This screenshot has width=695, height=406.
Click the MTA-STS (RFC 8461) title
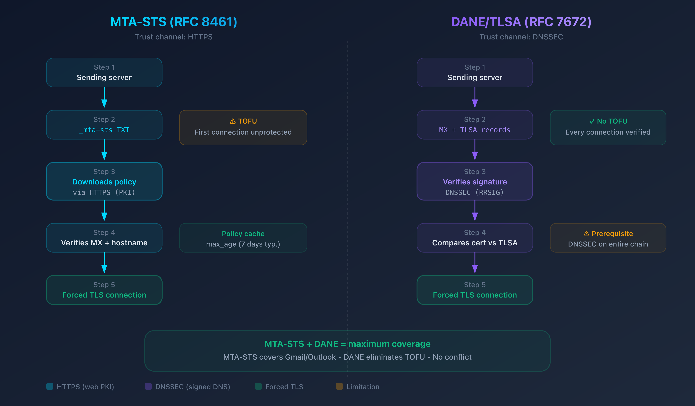click(x=174, y=22)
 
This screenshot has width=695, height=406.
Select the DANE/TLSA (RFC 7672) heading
click(x=521, y=22)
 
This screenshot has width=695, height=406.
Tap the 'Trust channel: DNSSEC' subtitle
click(x=521, y=37)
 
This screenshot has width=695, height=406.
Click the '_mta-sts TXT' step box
click(x=104, y=125)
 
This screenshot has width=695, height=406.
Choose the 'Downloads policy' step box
click(x=104, y=181)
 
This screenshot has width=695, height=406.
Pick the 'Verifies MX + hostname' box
click(x=104, y=238)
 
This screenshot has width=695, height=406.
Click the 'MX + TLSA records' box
click(x=475, y=125)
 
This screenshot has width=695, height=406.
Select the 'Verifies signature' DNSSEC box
click(x=475, y=181)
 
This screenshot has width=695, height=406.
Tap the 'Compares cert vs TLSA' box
click(x=475, y=238)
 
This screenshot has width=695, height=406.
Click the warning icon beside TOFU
click(x=233, y=121)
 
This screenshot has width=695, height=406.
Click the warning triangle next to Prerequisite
click(x=586, y=234)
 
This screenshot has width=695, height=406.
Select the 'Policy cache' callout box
click(x=243, y=238)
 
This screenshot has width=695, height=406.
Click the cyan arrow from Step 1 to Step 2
click(x=104, y=98)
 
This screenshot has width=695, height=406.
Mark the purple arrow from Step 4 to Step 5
click(x=475, y=263)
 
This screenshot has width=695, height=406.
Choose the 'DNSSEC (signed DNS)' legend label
click(x=192, y=387)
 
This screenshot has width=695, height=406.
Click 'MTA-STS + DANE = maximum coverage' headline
click(x=347, y=344)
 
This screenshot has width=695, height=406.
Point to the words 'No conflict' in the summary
click(x=452, y=357)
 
